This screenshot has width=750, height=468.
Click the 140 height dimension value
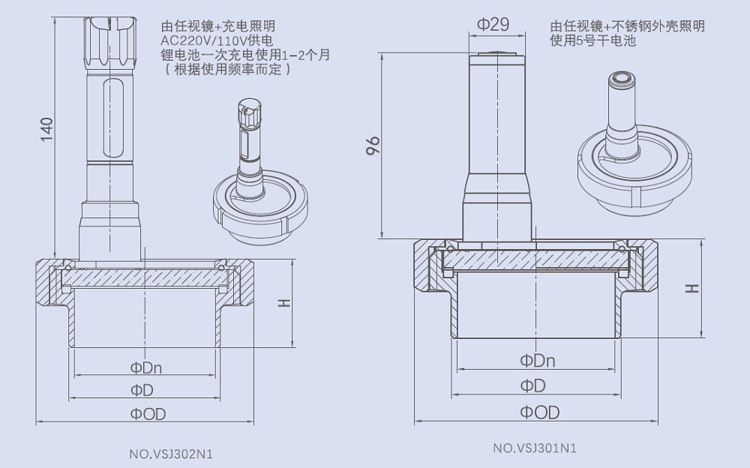pyautogui.click(x=46, y=130)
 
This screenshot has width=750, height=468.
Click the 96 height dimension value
pyautogui.click(x=373, y=145)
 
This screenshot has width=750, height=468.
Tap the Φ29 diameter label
pyautogui.click(x=493, y=24)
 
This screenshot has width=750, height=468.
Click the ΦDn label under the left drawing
pyautogui.click(x=146, y=367)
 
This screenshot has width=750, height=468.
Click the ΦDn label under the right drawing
pyautogui.click(x=538, y=360)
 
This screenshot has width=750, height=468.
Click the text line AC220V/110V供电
pyautogui.click(x=212, y=40)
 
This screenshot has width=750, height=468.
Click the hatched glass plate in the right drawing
pyautogui.click(x=535, y=259)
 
